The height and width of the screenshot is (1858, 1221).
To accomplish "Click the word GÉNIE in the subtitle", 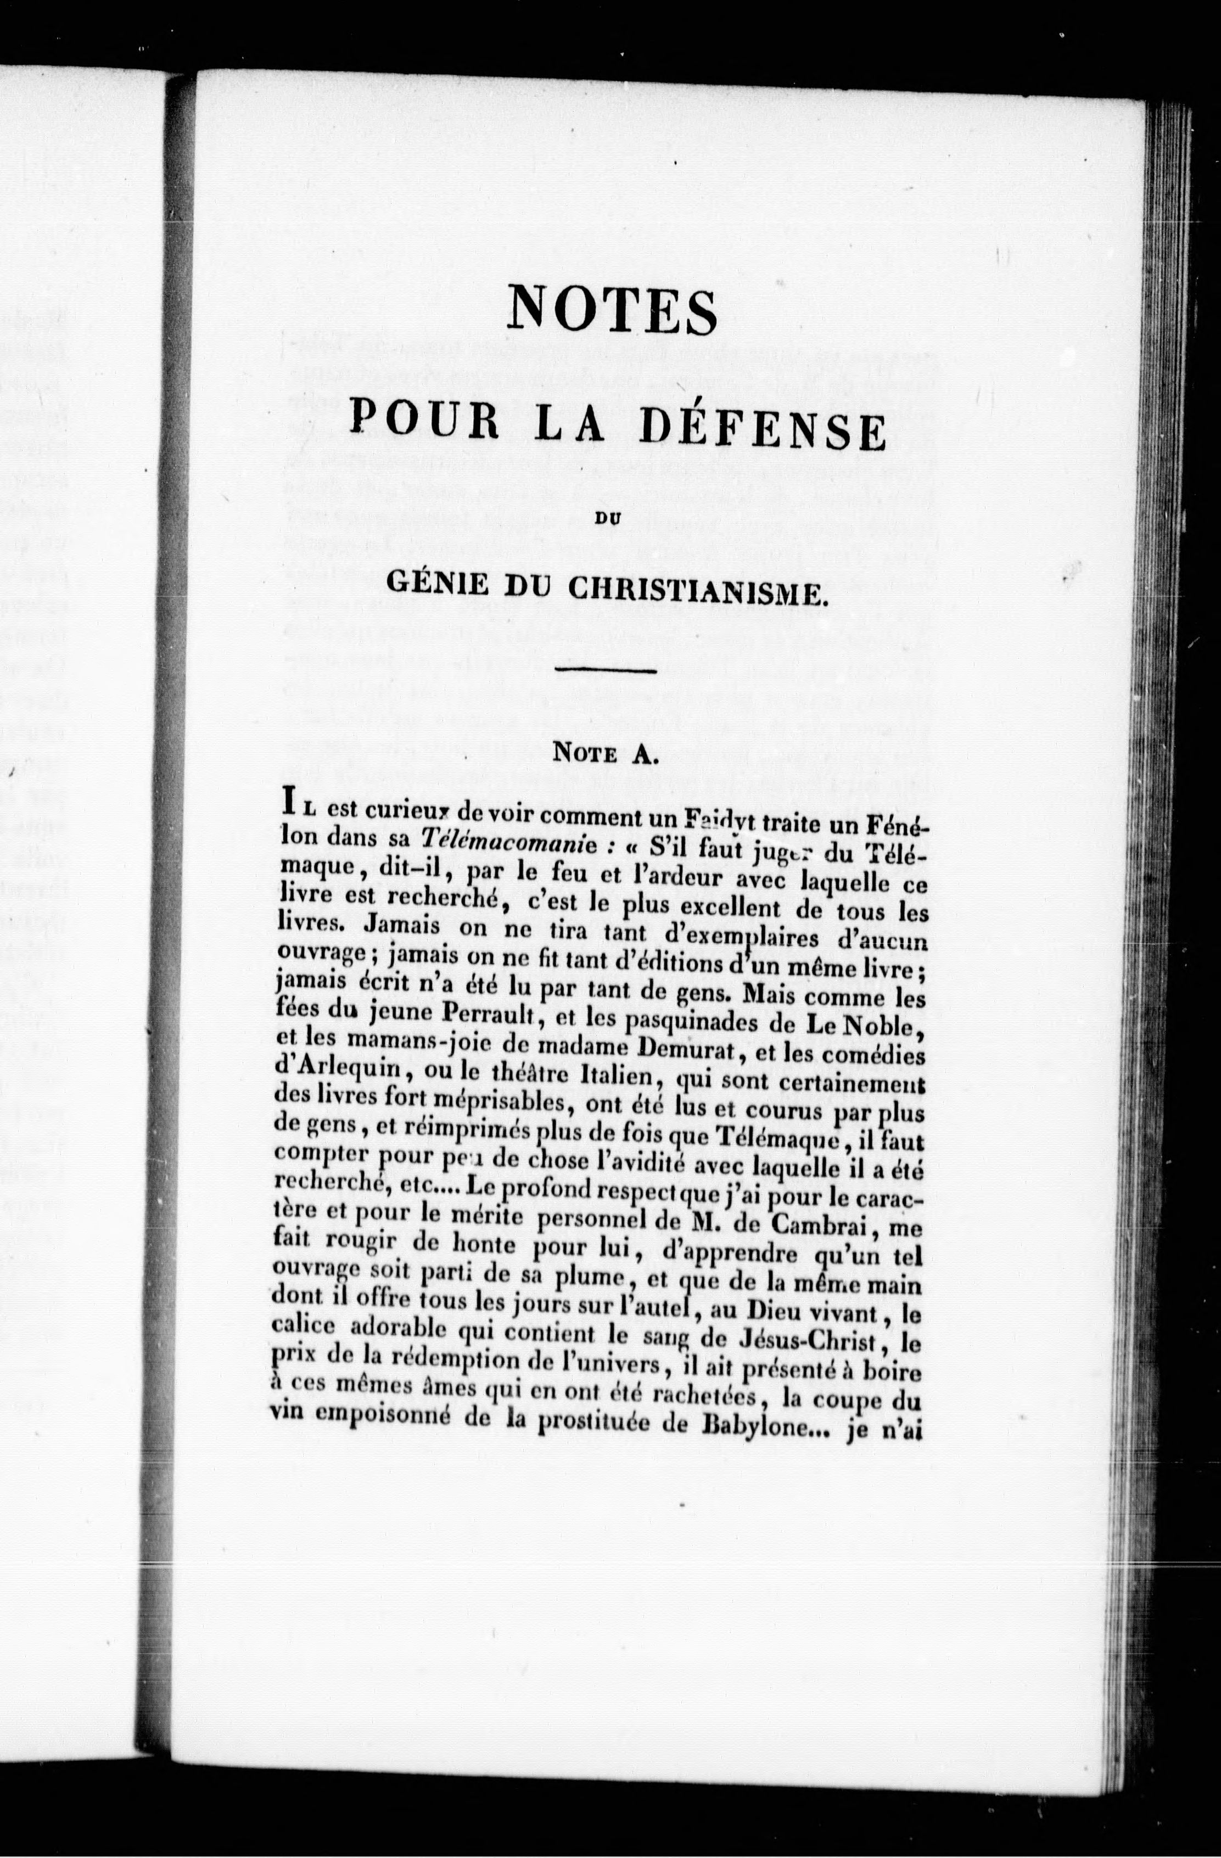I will click(x=439, y=585).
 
